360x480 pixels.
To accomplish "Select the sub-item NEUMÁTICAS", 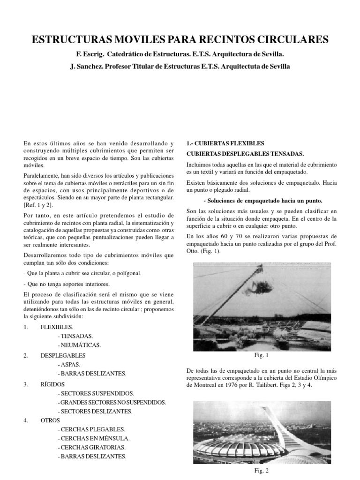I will (x=78, y=345).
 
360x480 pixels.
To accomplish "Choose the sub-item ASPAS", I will (x=68, y=364).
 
